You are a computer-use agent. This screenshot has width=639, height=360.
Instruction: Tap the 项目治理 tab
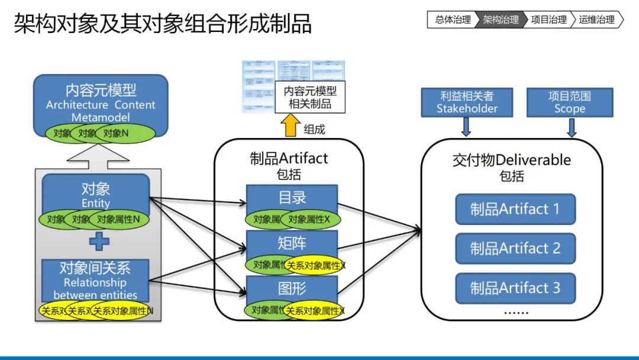point(548,20)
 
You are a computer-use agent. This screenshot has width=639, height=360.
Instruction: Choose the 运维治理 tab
point(596,20)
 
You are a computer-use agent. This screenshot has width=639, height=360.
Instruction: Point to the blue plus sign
point(99,241)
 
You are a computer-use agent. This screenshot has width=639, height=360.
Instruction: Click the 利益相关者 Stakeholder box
point(467,102)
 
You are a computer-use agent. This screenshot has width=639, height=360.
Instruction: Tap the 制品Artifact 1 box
point(515,209)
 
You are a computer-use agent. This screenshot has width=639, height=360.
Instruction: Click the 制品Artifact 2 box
point(515,249)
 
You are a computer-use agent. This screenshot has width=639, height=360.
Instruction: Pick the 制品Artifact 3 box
point(515,288)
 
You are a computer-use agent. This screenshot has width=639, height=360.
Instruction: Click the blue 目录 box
point(292,197)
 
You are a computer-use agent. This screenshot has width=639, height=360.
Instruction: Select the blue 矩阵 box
point(292,243)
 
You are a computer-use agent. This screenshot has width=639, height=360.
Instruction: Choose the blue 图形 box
point(292,288)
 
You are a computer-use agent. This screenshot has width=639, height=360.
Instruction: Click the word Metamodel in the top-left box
point(101,117)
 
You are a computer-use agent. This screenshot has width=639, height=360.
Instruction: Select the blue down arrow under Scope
point(572,127)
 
